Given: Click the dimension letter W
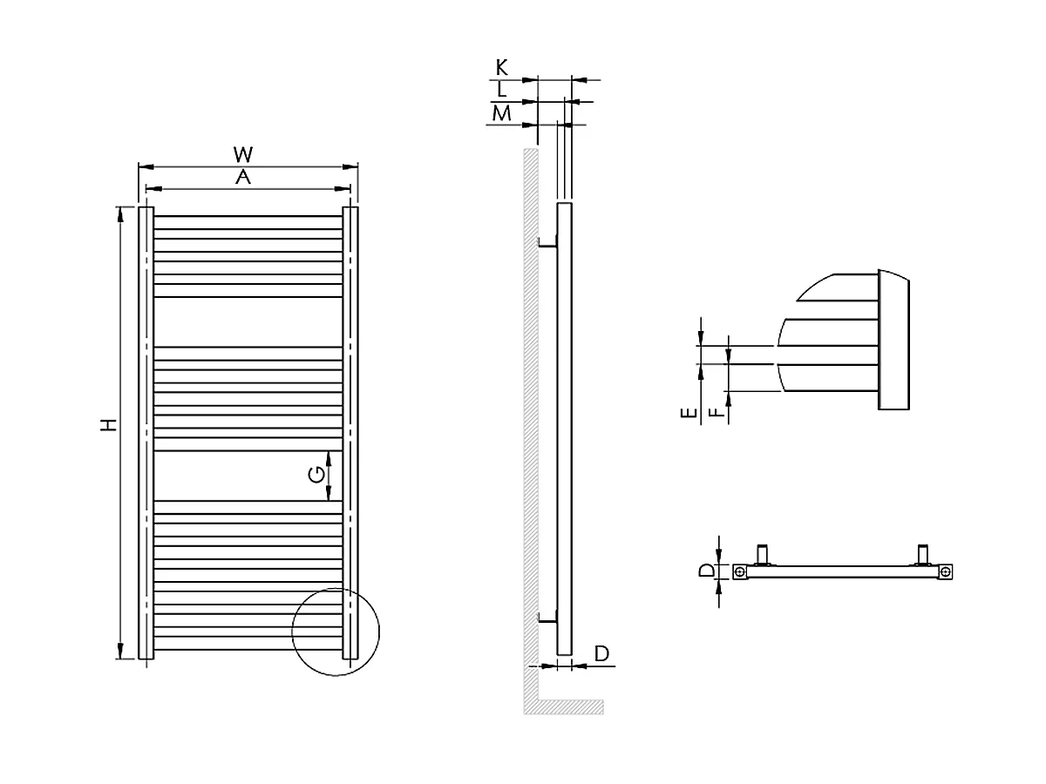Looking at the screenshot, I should click(243, 154).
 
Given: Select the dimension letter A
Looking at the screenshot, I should click(243, 178).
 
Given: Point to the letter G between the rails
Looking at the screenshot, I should click(317, 475).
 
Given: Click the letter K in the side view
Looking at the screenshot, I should click(501, 67).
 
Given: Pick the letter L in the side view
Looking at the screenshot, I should click(500, 90).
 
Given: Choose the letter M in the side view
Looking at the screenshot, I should click(500, 113).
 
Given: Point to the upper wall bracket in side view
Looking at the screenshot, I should click(547, 244).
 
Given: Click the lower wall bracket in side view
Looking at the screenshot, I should click(547, 619).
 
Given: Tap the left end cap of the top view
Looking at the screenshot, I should click(739, 572).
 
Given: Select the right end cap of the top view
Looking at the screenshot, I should click(945, 572).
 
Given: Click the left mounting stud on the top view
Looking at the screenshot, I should click(764, 554).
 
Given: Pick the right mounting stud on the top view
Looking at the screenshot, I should click(922, 554).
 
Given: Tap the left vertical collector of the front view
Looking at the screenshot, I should click(146, 432).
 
